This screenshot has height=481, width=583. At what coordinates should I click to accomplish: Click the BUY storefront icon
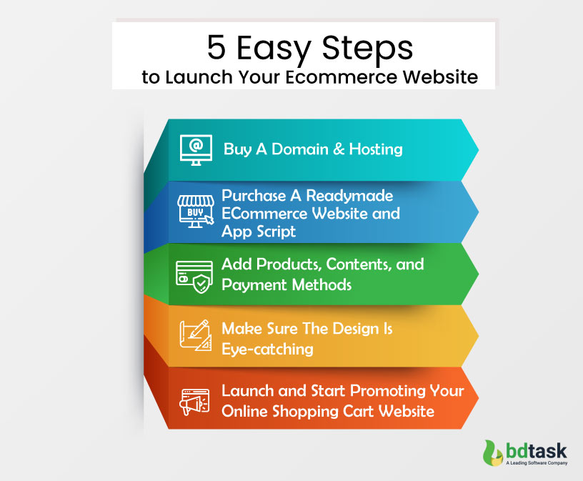tap(194, 211)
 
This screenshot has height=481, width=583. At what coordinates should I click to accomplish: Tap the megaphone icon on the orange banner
tap(194, 401)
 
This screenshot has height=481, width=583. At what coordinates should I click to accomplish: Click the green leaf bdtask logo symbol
tap(492, 455)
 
